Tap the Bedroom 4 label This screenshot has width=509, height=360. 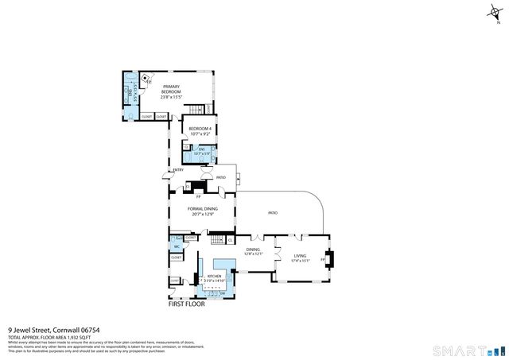click(x=199, y=128)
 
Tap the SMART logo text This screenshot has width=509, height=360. click(x=457, y=350)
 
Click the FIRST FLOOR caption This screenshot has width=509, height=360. click(x=186, y=304)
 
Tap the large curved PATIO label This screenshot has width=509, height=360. click(x=272, y=213)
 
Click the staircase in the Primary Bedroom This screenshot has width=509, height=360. click(x=196, y=110)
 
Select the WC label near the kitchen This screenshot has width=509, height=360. click(x=177, y=246)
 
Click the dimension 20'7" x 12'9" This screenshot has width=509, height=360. click(x=203, y=214)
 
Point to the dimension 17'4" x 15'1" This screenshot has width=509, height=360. click(x=299, y=261)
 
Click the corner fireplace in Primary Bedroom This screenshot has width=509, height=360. click(x=145, y=79)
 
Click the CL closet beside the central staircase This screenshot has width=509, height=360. click(x=230, y=239)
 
